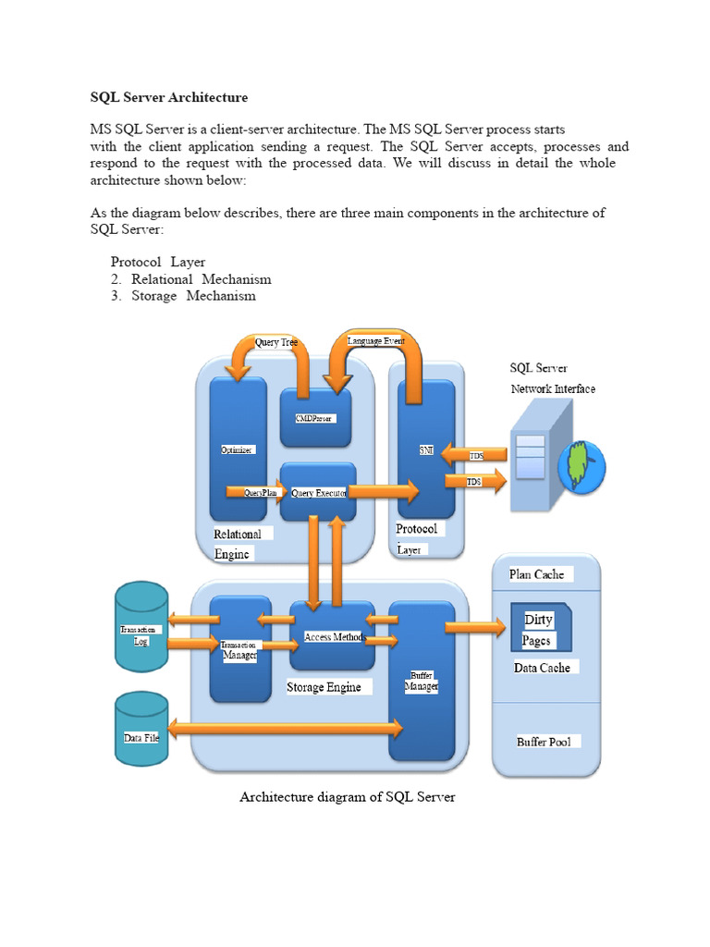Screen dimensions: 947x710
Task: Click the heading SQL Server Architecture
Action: (x=168, y=96)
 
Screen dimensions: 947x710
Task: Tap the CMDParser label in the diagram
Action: (x=314, y=418)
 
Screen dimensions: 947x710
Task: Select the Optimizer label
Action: (x=238, y=449)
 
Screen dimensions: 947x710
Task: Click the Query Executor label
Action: (x=319, y=493)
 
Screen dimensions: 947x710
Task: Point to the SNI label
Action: (x=426, y=449)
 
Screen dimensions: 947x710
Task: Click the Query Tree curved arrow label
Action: (x=276, y=342)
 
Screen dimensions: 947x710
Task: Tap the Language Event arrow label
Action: (x=376, y=341)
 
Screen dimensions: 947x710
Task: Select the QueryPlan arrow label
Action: (x=261, y=493)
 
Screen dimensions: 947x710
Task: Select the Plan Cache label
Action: (x=536, y=574)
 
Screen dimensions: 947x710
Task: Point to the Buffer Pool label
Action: (x=544, y=742)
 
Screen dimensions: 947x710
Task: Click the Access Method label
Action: (x=333, y=637)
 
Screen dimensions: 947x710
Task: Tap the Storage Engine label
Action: (x=324, y=687)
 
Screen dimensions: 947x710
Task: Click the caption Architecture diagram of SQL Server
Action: (x=348, y=796)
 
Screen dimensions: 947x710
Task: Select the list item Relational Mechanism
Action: (x=201, y=278)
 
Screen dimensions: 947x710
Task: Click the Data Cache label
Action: (x=542, y=667)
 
